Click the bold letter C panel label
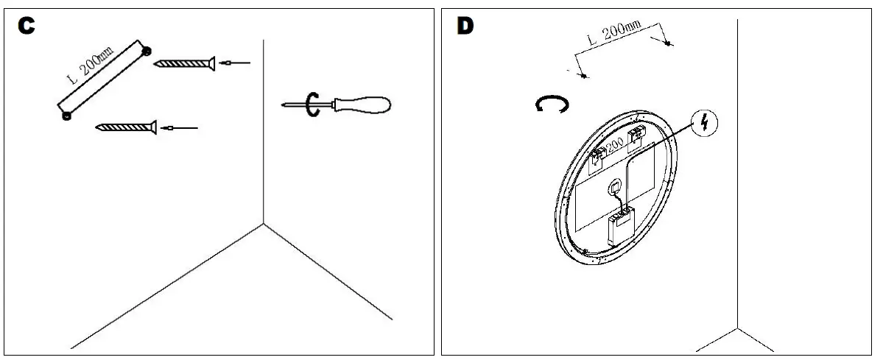point(27,25)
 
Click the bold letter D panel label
point(465,25)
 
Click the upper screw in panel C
point(184,64)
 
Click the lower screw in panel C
point(127,127)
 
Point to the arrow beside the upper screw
point(236,63)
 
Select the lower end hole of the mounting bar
point(66,115)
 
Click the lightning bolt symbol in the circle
point(705,123)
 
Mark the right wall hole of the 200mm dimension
point(668,43)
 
